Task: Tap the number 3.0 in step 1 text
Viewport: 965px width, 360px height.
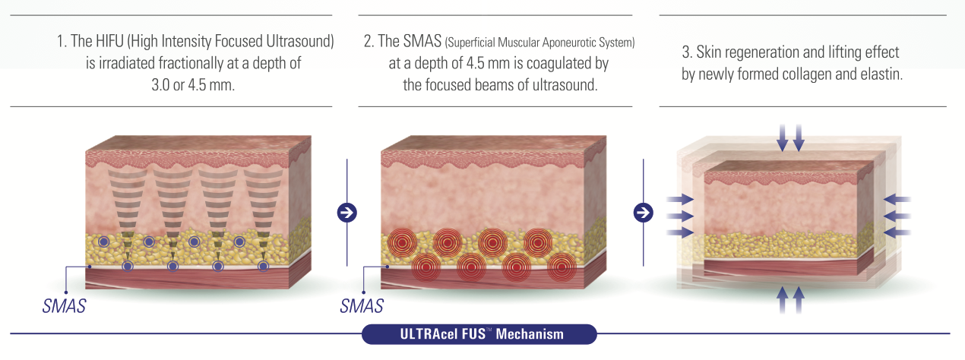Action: point(160,85)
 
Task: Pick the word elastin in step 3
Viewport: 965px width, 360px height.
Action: point(881,74)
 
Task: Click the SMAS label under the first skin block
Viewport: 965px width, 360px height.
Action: point(64,306)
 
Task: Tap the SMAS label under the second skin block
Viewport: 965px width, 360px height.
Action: point(362,306)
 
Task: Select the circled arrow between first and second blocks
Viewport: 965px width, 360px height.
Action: point(346,213)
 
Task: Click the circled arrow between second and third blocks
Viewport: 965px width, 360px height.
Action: point(643,213)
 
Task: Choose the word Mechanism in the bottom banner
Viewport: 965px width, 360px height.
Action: point(530,334)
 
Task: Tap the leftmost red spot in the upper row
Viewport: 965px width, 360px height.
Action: point(403,243)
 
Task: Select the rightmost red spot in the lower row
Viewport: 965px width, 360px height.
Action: point(562,267)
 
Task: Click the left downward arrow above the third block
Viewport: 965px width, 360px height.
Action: point(783,137)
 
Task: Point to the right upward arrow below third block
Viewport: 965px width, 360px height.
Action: point(799,300)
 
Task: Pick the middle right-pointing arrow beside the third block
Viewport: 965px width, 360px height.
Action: point(680,216)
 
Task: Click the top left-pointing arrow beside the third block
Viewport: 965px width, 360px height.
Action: point(897,200)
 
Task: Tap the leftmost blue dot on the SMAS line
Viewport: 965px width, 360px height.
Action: point(128,267)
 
